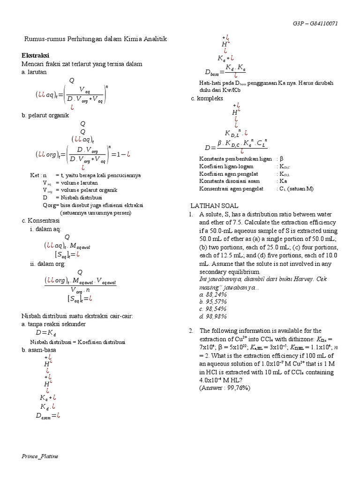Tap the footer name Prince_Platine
40,456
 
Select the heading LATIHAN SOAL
214,206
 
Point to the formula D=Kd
46,333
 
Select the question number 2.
191,331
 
